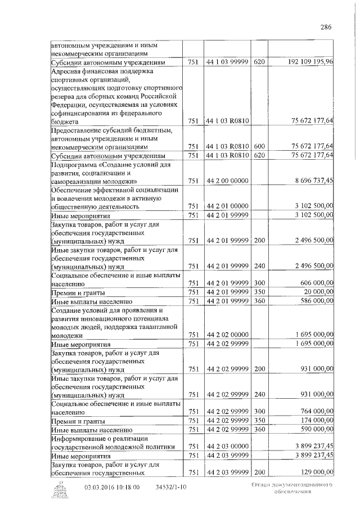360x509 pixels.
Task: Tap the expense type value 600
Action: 259,146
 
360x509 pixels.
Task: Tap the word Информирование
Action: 79,438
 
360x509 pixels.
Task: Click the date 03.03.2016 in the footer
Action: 98,487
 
